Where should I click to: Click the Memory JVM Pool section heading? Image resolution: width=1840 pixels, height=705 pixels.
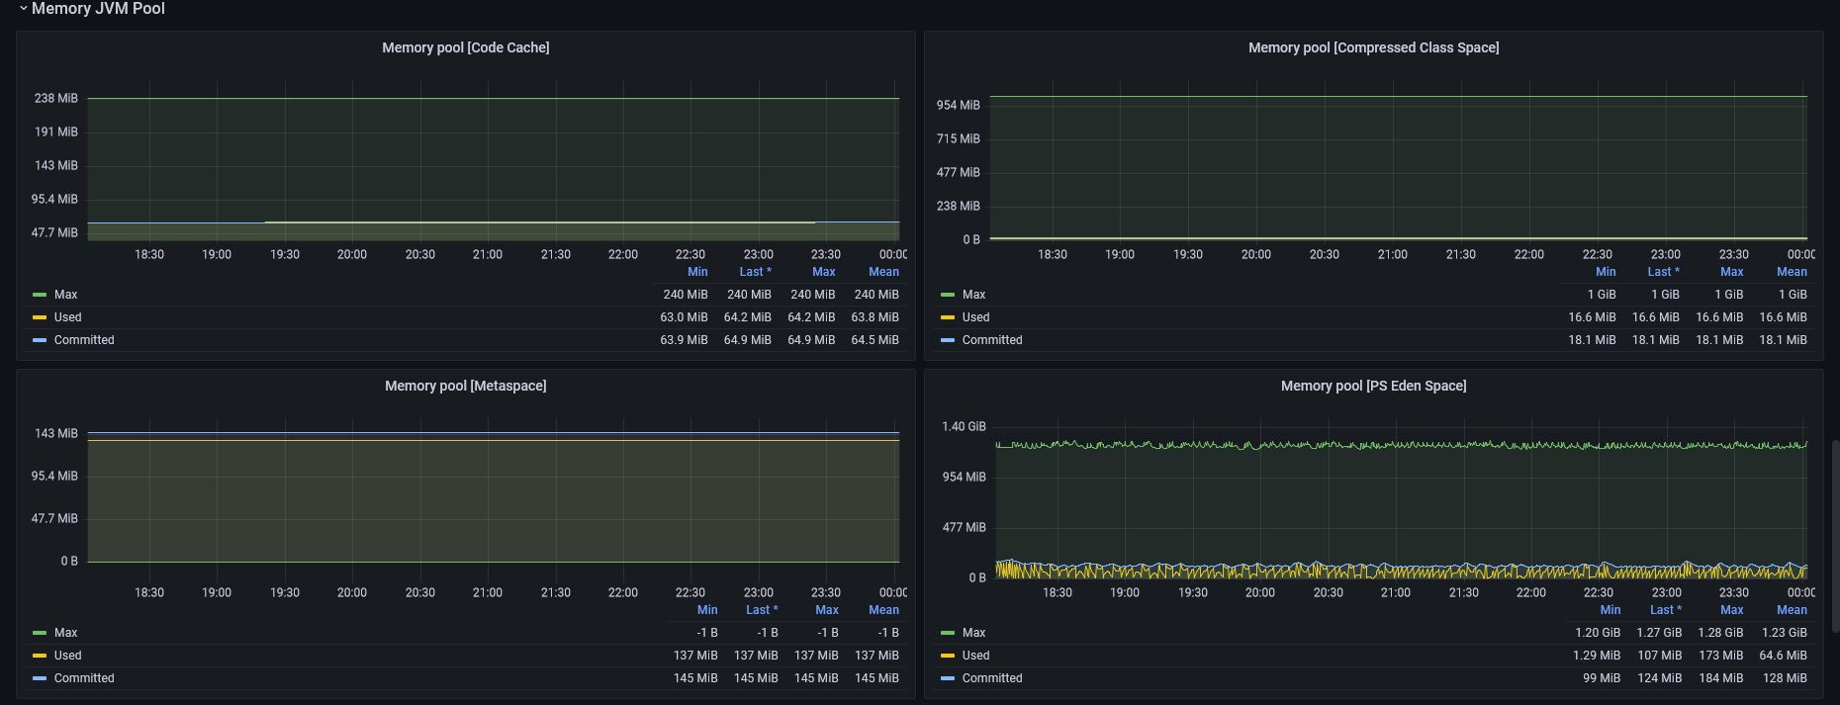[x=98, y=8]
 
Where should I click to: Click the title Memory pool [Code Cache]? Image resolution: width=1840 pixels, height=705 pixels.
[x=466, y=47]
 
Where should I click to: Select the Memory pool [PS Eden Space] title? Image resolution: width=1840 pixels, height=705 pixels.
[x=1373, y=386]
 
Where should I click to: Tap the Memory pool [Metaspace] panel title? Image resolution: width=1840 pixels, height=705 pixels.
[x=466, y=386]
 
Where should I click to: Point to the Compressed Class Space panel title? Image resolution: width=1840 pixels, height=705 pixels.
[x=1373, y=47]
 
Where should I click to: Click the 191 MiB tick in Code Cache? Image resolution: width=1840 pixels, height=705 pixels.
[x=56, y=132]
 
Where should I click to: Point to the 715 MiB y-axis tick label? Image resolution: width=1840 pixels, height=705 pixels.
[x=959, y=138]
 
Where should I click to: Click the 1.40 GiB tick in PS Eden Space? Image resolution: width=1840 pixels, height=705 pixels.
[x=964, y=427]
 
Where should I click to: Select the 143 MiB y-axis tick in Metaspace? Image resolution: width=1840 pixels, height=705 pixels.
[x=56, y=433]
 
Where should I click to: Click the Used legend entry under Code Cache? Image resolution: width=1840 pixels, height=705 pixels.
[x=67, y=317]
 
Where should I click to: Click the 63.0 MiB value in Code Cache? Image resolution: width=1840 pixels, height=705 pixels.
[x=684, y=317]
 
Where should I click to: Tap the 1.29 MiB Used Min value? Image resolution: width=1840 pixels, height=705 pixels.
[x=1597, y=656]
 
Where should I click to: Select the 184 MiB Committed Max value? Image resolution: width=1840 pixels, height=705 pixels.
[x=1721, y=678]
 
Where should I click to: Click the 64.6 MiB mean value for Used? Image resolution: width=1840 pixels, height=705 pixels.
[x=1784, y=656]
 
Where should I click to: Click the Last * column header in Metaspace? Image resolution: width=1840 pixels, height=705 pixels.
[x=762, y=610]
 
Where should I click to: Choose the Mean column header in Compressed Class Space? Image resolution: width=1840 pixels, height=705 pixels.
[x=1792, y=272]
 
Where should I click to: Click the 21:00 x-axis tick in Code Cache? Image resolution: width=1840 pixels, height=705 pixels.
[x=488, y=254]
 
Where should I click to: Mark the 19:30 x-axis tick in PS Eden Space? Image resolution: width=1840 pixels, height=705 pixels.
[x=1193, y=592]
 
